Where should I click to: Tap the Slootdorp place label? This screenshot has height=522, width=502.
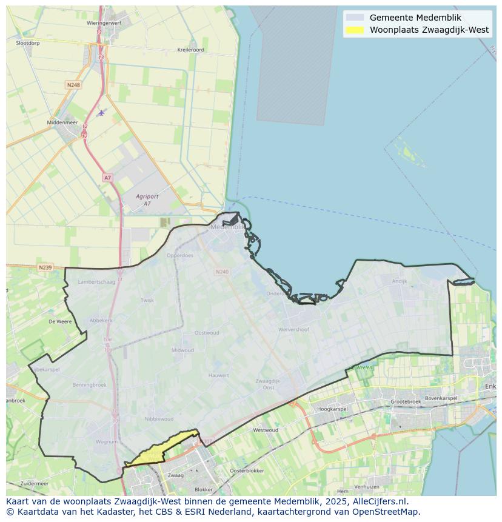coord(27,43)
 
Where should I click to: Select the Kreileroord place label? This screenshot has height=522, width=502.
coord(191,50)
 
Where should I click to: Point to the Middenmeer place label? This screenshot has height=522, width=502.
coord(62,122)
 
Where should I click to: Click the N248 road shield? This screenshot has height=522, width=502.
coord(73,85)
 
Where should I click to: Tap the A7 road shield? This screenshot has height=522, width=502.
coord(107,178)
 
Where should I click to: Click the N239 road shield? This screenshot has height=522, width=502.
coord(45,267)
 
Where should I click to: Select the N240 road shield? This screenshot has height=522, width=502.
coord(222,272)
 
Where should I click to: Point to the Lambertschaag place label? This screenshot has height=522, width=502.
coord(96,282)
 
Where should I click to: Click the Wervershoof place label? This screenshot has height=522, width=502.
coord(293,329)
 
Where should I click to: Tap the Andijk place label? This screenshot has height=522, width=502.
coord(400,281)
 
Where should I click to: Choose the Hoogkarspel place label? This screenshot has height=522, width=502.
coord(332,409)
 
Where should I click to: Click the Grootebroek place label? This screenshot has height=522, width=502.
coord(406,401)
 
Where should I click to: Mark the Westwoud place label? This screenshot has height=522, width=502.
coord(266,430)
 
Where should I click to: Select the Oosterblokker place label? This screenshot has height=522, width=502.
coord(247,470)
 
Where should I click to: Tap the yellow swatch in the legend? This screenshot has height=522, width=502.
coord(355,30)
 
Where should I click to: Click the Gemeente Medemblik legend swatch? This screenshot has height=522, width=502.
coord(355,18)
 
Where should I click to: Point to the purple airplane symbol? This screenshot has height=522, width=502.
coord(101,112)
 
